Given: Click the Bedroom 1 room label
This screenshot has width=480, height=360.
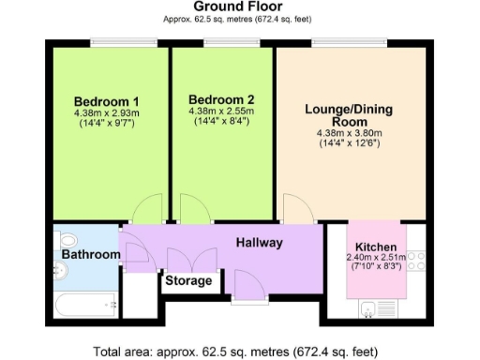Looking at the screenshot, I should (x=106, y=102).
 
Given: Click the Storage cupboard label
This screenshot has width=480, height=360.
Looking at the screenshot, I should (x=188, y=280).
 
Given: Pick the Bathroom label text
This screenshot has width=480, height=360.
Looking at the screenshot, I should (x=91, y=255).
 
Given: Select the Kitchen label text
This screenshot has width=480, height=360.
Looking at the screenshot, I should (x=375, y=247).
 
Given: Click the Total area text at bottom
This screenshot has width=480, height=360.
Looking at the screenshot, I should (x=240, y=352).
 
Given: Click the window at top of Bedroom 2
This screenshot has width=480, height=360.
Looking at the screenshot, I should (x=222, y=41).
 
